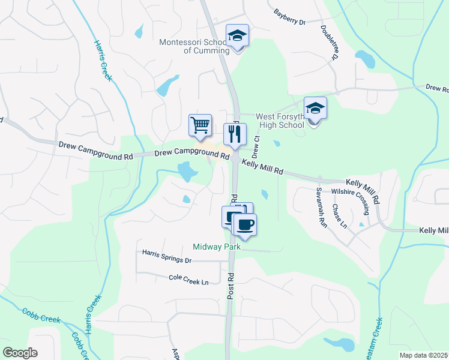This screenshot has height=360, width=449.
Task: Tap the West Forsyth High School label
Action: click(280, 121)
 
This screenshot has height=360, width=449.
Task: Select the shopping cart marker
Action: click(200, 125)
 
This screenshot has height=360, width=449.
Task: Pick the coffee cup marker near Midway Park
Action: click(244, 225)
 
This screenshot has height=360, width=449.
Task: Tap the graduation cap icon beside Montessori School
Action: click(237, 37)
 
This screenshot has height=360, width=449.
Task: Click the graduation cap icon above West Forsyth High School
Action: click(315, 109)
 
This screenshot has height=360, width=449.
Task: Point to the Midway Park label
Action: click(216, 247)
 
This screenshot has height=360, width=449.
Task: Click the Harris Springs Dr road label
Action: click(166, 257)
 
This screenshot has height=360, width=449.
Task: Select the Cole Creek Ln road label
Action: click(188, 279)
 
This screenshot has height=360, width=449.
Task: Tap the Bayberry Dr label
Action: click(289, 17)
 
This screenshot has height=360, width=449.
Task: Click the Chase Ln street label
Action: click(344, 215)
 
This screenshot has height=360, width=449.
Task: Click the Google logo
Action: click(20, 353)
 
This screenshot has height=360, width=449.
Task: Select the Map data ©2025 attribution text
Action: click(424, 355)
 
